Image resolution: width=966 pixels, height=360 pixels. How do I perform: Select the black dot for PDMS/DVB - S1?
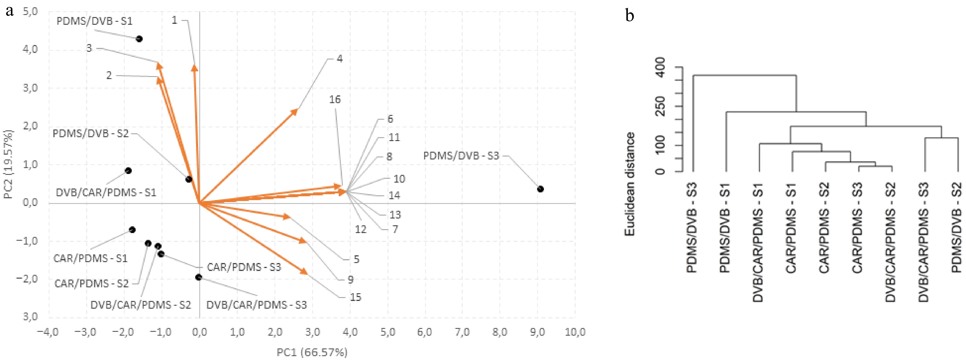coord(139,39)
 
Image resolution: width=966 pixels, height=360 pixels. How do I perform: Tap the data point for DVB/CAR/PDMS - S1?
coord(128,171)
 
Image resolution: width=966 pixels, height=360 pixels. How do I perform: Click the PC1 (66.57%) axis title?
coord(312,352)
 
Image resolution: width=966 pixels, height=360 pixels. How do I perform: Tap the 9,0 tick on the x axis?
coord(537,332)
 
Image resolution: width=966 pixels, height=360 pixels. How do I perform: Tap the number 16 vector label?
coord(335,99)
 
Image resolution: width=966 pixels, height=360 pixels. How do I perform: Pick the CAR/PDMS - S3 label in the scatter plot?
coord(244,267)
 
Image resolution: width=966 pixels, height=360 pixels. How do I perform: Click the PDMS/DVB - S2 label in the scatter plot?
coord(90,134)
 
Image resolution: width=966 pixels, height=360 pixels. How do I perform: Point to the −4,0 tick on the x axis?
coord(48,332)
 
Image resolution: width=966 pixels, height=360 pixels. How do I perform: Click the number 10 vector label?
coord(399,179)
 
